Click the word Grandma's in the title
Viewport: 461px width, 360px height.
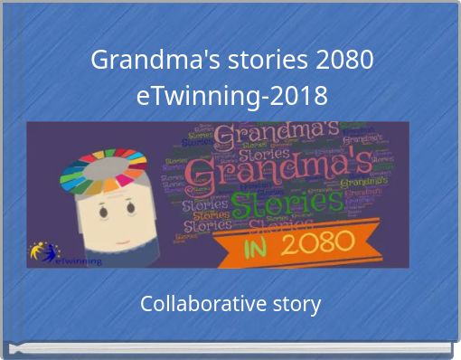(152, 62)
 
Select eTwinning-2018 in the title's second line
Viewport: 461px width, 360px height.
(231, 94)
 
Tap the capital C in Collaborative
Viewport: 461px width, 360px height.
(147, 304)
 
